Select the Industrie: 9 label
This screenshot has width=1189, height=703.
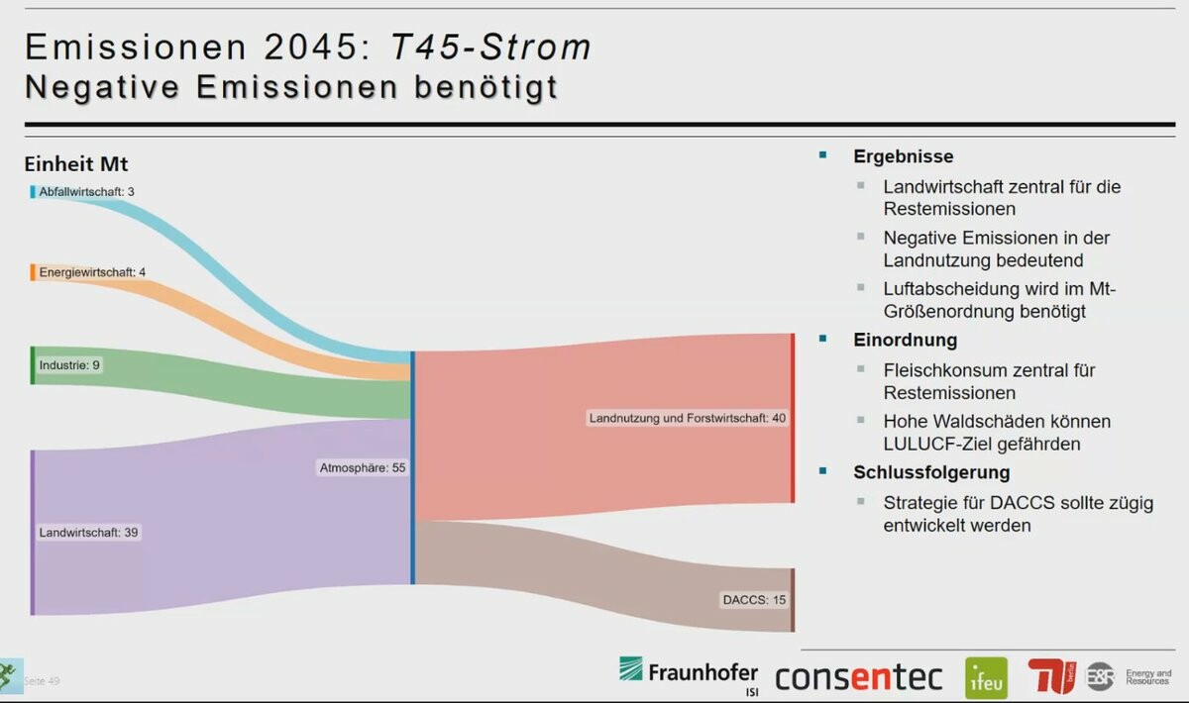click(69, 365)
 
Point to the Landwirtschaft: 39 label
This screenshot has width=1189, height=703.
click(88, 533)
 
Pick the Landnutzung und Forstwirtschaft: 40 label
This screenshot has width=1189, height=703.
click(688, 418)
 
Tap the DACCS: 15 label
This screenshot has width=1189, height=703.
click(754, 599)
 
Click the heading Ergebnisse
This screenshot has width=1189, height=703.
click(903, 156)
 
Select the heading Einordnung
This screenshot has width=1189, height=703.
click(905, 340)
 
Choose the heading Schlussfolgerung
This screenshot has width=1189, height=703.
click(931, 472)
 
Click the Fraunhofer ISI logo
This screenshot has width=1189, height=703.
click(689, 673)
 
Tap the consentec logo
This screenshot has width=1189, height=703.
click(858, 677)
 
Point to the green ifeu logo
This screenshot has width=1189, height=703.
click(986, 678)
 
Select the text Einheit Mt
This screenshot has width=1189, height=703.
click(76, 163)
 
